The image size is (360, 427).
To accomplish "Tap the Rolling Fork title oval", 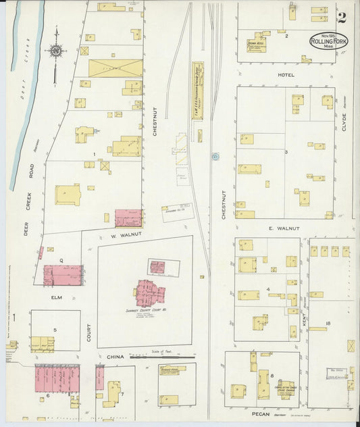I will [329, 41].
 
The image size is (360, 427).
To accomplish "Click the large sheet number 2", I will [342, 18].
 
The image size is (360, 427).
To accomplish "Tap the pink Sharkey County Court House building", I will [149, 293].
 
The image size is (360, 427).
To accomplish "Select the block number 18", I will [328, 324].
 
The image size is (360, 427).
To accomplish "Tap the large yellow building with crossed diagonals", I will [115, 68].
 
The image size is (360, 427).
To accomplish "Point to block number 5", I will [55, 330].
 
